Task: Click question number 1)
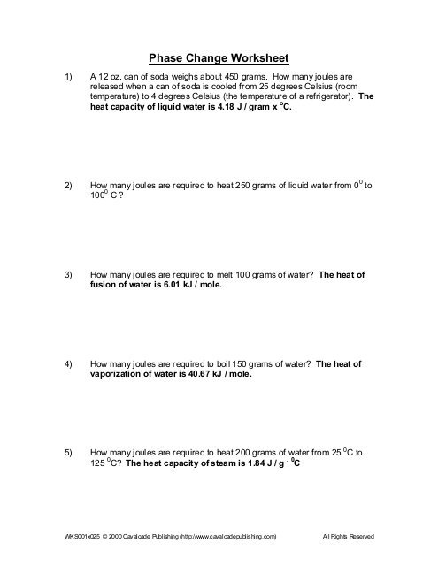71,78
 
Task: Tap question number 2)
71,187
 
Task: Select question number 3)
71,275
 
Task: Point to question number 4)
71,363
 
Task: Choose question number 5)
71,452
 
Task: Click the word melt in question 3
215,275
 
